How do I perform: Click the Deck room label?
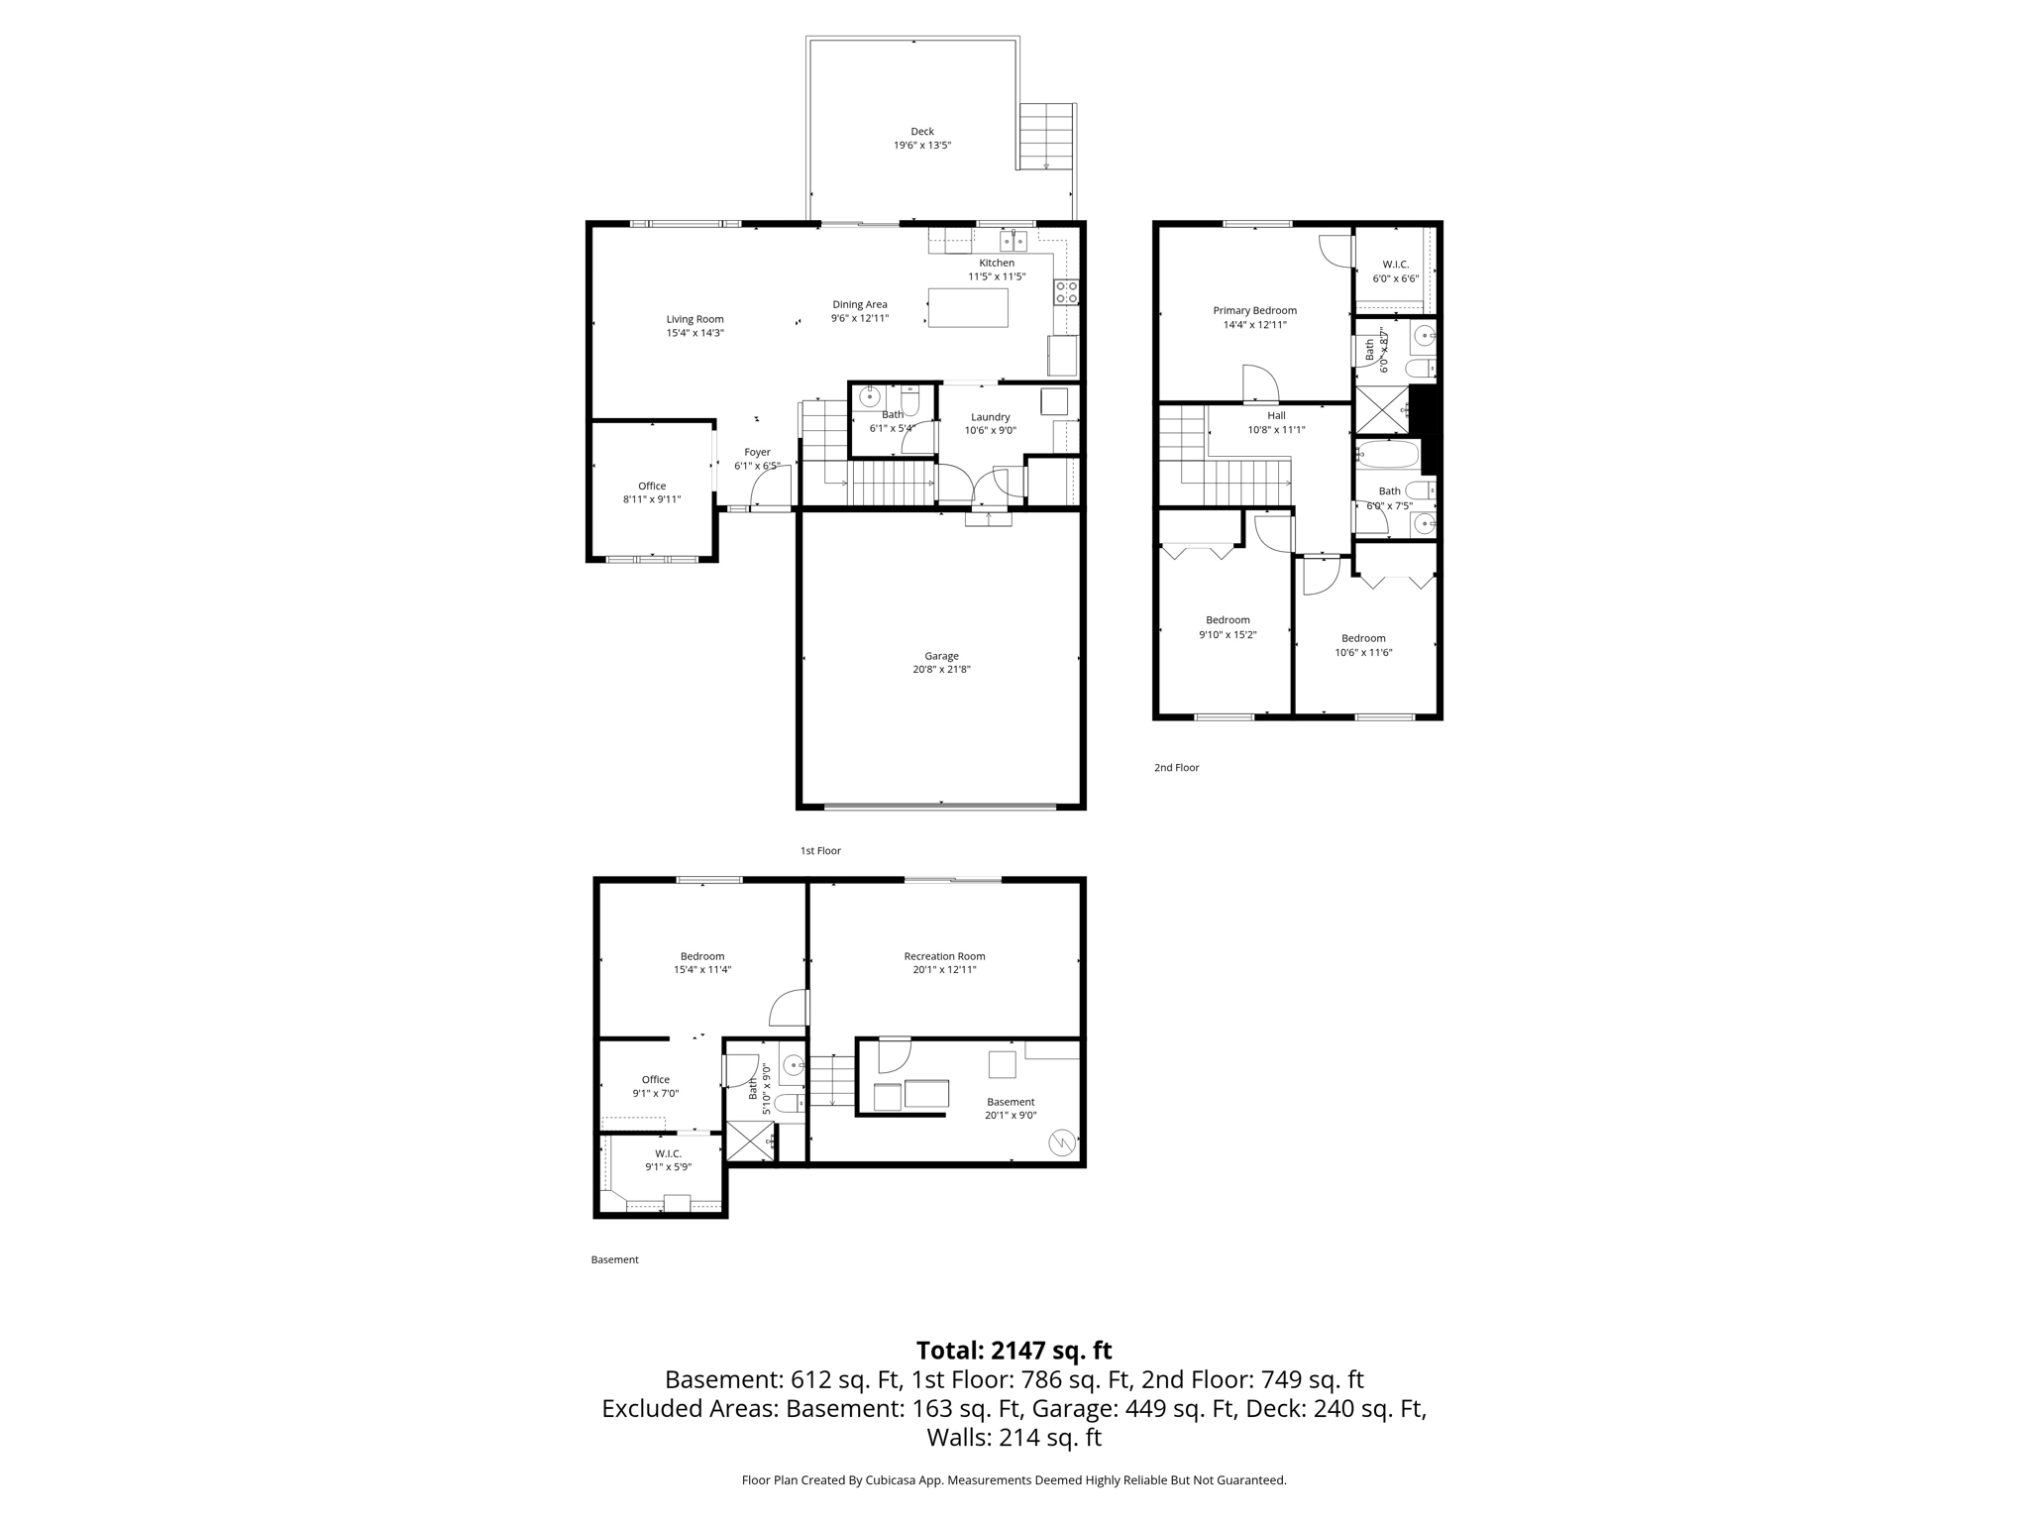tap(922, 131)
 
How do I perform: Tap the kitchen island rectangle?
tap(968, 307)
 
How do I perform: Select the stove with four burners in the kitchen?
tap(1066, 291)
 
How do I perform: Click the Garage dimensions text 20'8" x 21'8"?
tap(941, 669)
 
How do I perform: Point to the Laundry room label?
tap(990, 417)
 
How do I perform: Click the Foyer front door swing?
tap(771, 489)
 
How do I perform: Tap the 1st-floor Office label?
tap(652, 486)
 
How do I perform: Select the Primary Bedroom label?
tap(1254, 310)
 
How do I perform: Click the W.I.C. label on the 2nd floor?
tap(1395, 265)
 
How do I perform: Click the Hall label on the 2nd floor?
tap(1276, 415)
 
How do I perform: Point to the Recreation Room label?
tap(944, 956)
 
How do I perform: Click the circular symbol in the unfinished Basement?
tap(1061, 1143)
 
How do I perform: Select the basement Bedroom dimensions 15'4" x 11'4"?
tap(701, 970)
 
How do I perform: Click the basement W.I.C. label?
tap(668, 1153)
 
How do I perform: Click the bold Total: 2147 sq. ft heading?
tap(1014, 1351)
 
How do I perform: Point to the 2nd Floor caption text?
tap(1176, 767)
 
